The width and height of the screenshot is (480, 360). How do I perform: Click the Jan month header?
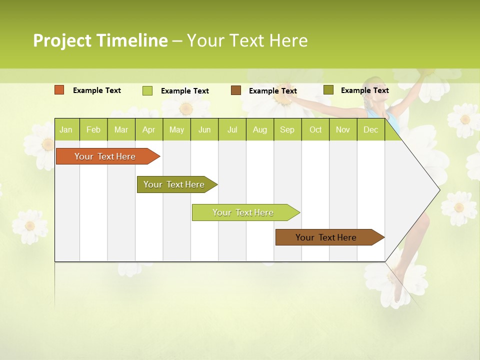(x=66, y=130)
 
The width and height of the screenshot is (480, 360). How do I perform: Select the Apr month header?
(x=148, y=130)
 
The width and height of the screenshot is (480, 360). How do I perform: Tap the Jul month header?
(x=232, y=130)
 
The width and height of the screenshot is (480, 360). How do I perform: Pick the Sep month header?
(x=287, y=130)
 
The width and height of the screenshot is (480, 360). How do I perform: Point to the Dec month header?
(x=370, y=130)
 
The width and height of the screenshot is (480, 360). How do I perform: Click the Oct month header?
(x=315, y=130)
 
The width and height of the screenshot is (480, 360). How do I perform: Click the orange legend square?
(x=59, y=90)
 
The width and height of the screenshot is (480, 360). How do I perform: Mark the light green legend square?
(x=147, y=90)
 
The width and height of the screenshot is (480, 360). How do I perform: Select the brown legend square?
(x=236, y=90)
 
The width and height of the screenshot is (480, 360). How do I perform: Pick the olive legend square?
(x=328, y=90)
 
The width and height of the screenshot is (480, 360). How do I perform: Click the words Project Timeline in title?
(x=100, y=40)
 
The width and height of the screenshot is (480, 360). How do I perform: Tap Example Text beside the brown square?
(x=273, y=91)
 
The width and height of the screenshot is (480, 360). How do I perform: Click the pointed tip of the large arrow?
(x=439, y=189)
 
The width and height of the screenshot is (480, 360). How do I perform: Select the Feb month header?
(x=93, y=130)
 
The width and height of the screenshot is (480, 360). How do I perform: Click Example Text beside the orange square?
(x=97, y=90)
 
